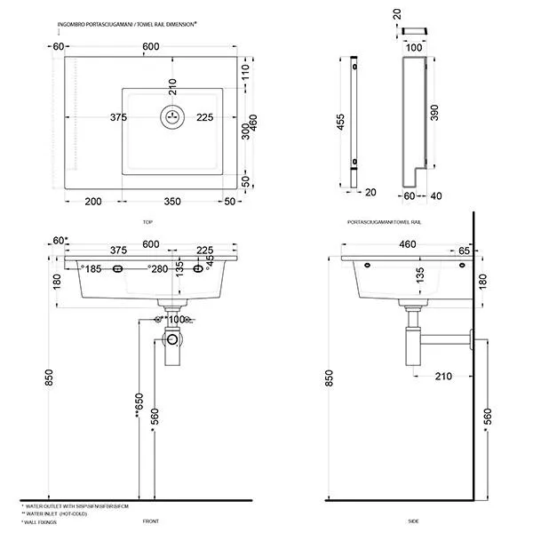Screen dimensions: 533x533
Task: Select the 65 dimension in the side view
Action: [x=464, y=251]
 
